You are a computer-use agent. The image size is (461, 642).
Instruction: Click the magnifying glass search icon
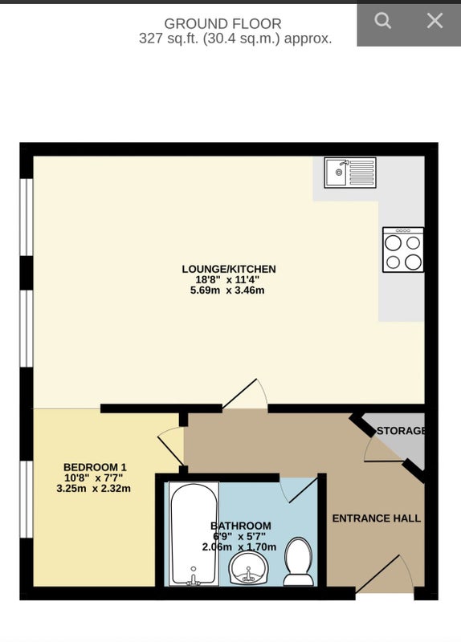coord(383,21)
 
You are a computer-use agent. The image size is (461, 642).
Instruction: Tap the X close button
coord(434,21)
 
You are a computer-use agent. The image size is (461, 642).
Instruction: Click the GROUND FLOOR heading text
coord(222,24)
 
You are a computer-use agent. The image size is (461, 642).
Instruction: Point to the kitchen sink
coord(350,172)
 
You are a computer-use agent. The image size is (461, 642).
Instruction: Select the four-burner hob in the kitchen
coord(402,250)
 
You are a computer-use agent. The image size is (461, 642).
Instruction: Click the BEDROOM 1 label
coord(95,467)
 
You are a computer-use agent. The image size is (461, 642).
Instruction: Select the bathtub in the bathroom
coord(193,533)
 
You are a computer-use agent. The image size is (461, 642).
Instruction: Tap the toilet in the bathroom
coord(300,562)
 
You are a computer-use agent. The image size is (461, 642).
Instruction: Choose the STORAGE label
coord(400,431)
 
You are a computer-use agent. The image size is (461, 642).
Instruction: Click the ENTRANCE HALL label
coord(376,518)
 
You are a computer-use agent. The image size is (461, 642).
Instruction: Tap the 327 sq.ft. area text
coord(235,39)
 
